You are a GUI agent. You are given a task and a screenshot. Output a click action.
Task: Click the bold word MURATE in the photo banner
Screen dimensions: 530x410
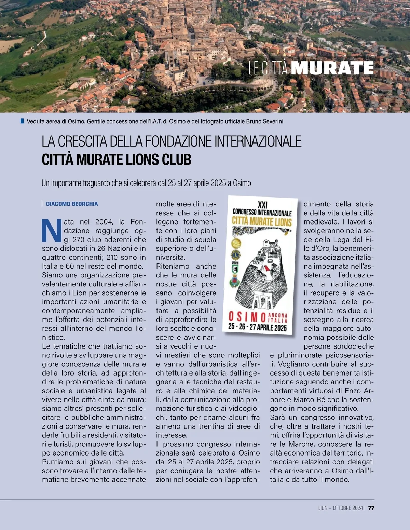332,68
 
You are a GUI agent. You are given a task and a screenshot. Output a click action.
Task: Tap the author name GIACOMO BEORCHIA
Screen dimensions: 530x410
72,204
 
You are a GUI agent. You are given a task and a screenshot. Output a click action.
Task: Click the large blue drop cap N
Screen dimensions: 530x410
51,230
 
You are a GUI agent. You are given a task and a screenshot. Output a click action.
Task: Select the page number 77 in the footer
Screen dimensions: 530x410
371,508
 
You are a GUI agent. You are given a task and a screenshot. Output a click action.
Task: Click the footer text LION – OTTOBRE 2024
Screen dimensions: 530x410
340,508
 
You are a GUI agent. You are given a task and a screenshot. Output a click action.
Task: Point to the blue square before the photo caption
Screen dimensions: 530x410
22,121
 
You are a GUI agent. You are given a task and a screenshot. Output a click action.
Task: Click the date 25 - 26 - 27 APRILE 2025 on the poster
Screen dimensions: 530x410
257,327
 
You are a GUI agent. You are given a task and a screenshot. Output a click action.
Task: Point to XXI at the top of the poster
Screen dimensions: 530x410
262,205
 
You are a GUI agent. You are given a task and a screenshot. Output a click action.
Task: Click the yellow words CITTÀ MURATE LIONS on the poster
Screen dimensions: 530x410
262,221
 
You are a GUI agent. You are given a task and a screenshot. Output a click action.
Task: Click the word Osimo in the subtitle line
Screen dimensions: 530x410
242,183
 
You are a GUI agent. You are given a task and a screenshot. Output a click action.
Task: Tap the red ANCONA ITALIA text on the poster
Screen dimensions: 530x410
278,318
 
